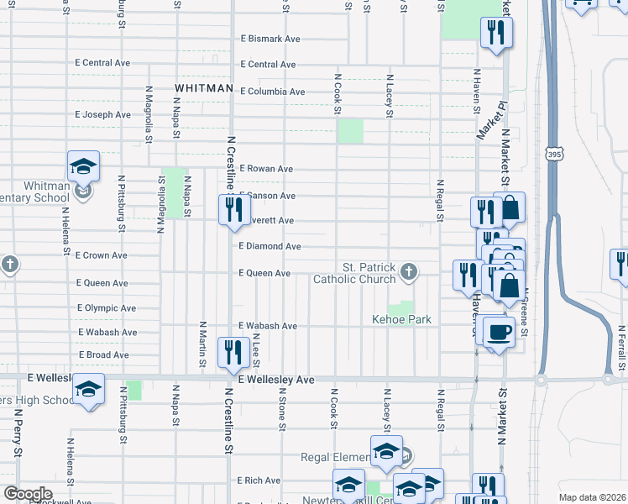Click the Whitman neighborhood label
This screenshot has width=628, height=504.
[203, 88]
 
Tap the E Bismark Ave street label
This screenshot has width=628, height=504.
[270, 39]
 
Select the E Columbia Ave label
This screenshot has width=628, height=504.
[272, 91]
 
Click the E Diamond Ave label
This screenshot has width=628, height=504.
[270, 246]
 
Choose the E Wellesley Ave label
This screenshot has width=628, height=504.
[275, 381]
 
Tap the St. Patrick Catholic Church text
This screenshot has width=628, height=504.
[353, 273]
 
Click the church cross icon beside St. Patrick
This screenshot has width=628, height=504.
[408, 270]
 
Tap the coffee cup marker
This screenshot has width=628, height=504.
[499, 332]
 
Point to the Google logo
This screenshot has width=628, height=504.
[28, 494]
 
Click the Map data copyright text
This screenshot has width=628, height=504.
[590, 497]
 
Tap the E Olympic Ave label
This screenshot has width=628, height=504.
[106, 308]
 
